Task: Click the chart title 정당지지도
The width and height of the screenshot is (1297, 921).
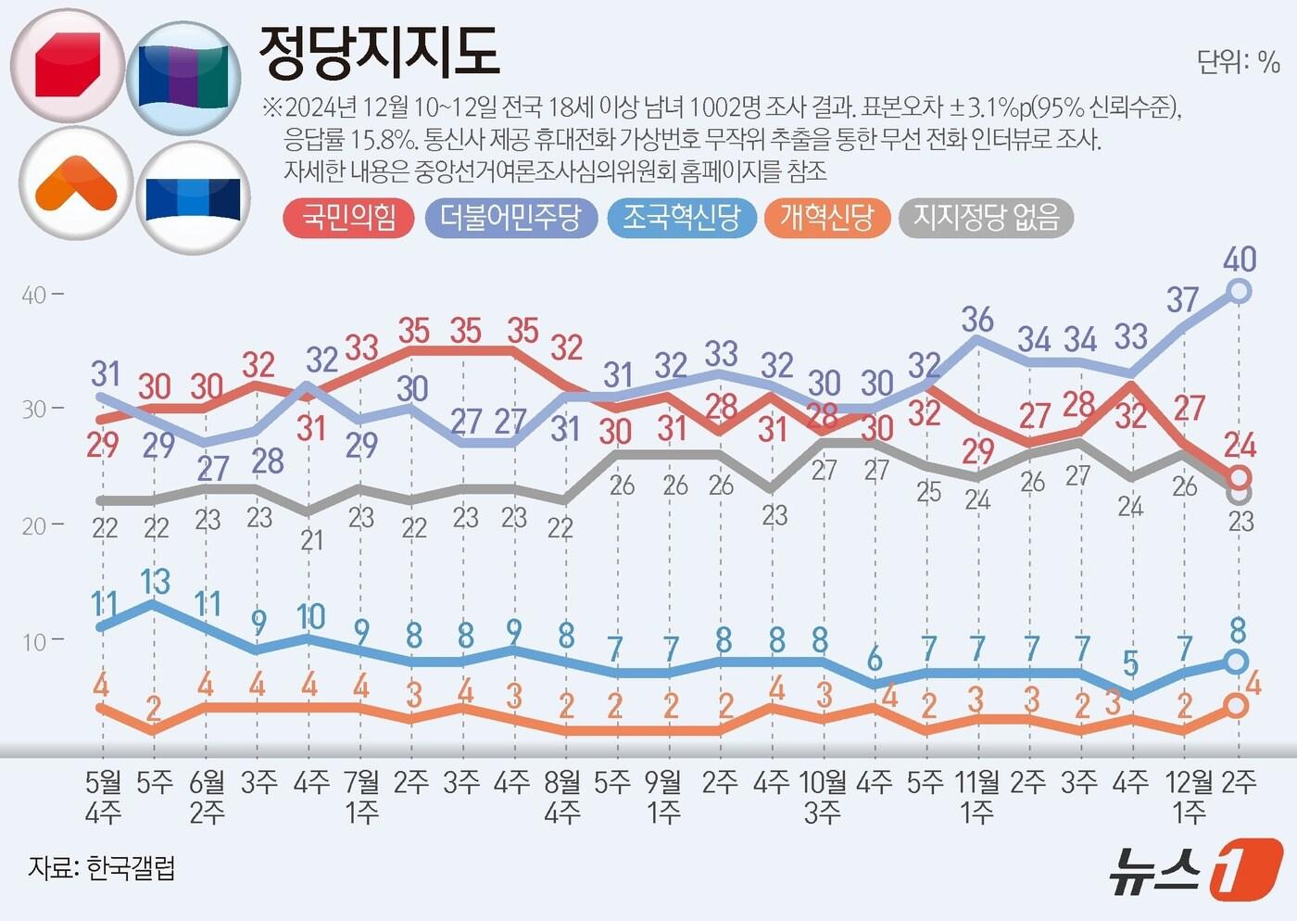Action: pyautogui.click(x=379, y=53)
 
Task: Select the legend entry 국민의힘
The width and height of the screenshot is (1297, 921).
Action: pyautogui.click(x=348, y=218)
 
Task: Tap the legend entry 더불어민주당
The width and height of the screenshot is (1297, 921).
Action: pyautogui.click(x=510, y=218)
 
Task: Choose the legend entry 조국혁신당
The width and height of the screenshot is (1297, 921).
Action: pyautogui.click(x=681, y=218)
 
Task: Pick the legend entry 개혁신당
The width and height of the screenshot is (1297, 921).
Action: pyautogui.click(x=826, y=218)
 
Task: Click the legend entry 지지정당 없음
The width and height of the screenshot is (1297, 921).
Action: pyautogui.click(x=986, y=218)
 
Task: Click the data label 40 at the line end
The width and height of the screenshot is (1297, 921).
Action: pyautogui.click(x=1240, y=259)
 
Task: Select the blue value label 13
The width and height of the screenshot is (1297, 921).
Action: pyautogui.click(x=155, y=582)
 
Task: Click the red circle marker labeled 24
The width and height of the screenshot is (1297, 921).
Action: pyautogui.click(x=1239, y=478)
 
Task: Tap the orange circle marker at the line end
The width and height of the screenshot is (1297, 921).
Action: pyautogui.click(x=1236, y=706)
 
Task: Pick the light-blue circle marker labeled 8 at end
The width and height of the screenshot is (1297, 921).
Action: pyautogui.click(x=1236, y=662)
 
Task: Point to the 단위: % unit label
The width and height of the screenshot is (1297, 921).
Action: pyautogui.click(x=1238, y=62)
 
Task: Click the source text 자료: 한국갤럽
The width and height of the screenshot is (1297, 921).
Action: pyautogui.click(x=102, y=868)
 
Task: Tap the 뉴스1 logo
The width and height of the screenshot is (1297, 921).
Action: pyautogui.click(x=1195, y=869)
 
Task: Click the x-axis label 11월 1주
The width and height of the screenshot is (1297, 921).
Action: pyautogui.click(x=977, y=797)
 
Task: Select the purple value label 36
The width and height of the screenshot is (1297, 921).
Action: pyautogui.click(x=976, y=320)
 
